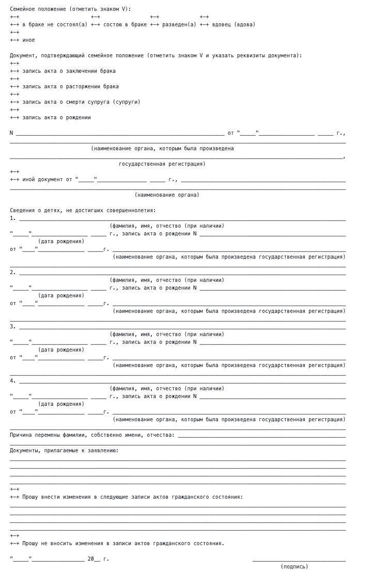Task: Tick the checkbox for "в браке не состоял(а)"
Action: point(14,21)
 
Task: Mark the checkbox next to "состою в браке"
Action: point(96,21)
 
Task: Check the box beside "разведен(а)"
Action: point(154,21)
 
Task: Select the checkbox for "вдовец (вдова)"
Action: point(204,21)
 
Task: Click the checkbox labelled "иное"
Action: point(14,37)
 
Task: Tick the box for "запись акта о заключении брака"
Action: point(14,68)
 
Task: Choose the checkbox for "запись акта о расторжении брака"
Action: point(14,83)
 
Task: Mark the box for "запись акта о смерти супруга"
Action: point(14,99)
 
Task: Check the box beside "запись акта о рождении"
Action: point(14,114)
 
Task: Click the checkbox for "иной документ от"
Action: point(14,176)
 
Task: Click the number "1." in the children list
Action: point(13,218)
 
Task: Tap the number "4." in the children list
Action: point(13,381)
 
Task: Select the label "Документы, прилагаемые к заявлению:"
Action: point(64,451)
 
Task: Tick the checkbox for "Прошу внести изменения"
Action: point(14,494)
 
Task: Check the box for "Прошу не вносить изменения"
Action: point(14,540)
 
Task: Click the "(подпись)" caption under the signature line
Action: point(294,566)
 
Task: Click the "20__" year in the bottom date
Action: point(93,559)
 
